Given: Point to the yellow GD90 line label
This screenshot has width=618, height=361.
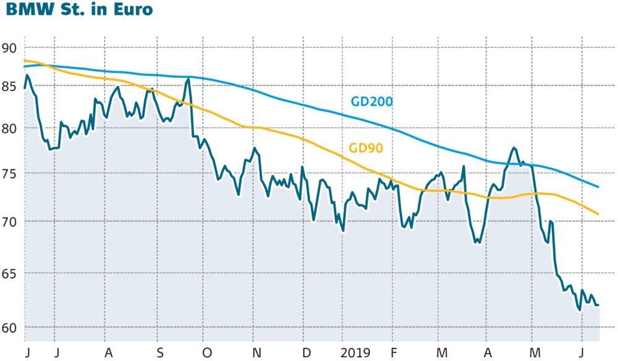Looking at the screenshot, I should click(366, 148).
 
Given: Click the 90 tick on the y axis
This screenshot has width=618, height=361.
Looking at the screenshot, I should click(9, 48).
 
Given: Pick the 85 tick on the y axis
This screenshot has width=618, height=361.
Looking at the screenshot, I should click(9, 87).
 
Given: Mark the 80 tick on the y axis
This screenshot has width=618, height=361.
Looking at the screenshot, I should click(9, 129).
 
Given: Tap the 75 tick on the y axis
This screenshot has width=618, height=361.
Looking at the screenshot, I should click(9, 174).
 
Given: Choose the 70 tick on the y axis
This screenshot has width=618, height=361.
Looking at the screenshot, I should click(9, 221).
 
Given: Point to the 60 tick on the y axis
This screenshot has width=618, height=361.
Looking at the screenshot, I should click(9, 327).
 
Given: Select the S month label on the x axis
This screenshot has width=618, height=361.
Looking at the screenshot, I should click(160, 353).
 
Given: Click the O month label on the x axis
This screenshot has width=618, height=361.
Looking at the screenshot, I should click(208, 353).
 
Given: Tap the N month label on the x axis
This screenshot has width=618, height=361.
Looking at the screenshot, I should click(257, 353).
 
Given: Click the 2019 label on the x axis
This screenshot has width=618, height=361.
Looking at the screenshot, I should click(355, 353).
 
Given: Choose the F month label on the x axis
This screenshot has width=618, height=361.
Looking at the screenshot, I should click(393, 353).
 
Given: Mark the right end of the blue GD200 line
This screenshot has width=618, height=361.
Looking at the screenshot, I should click(599, 187).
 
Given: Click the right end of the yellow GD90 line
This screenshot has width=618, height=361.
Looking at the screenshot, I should click(599, 214).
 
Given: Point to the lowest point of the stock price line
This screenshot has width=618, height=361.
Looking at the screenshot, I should click(580, 311).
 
